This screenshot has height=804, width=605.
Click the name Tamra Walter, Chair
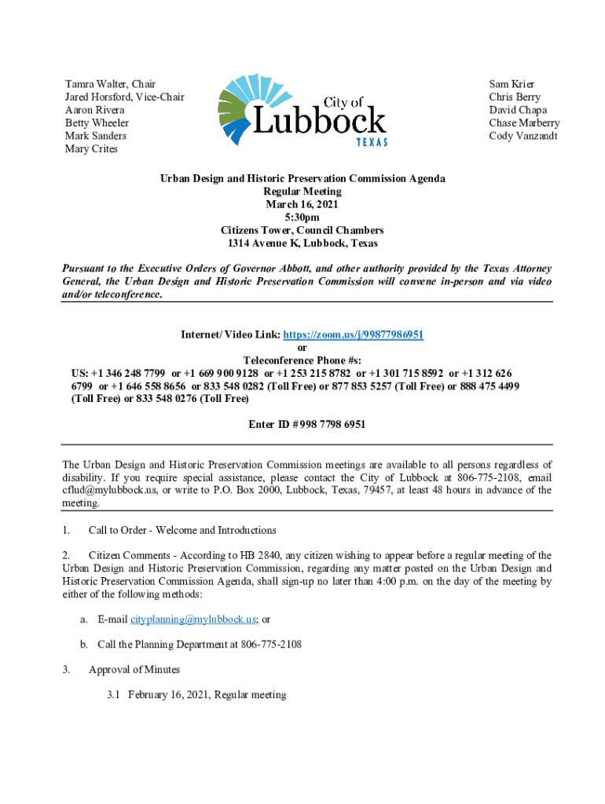click(110, 84)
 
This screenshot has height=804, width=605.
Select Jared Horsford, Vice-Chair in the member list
click(124, 97)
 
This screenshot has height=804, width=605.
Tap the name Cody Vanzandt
click(523, 136)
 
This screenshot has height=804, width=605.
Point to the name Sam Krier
click(511, 84)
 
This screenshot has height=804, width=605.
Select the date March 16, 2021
click(302, 204)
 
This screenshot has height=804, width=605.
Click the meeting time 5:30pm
click(302, 217)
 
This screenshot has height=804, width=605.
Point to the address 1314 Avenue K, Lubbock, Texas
click(302, 243)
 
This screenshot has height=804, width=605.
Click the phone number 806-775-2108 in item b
click(269, 645)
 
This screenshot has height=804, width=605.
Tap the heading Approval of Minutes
click(134, 670)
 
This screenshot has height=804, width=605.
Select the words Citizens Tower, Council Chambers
click(302, 230)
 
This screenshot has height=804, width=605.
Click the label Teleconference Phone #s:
click(302, 360)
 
